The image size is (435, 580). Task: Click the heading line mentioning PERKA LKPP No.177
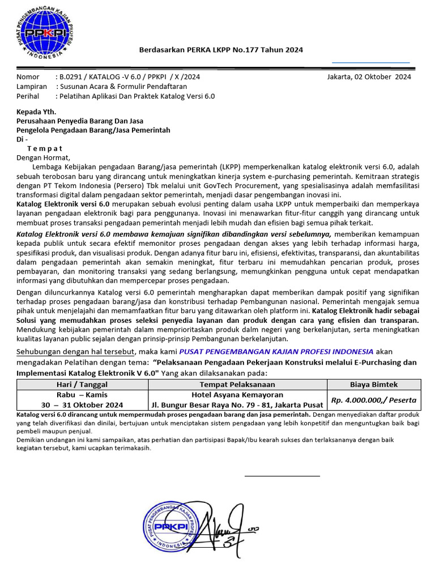pos(221,50)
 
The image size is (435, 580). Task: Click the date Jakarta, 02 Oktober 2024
pos(369,76)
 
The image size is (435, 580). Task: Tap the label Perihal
pos(29,96)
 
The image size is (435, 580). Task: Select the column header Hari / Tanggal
pos(82,385)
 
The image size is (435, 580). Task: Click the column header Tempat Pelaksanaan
pos(237,385)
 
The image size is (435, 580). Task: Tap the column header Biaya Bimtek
pos(373,385)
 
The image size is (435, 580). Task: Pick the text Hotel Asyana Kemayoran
pos(237,395)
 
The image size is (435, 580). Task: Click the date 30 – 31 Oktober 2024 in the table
pos(82,405)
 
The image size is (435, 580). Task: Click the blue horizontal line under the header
pos(370,62)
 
